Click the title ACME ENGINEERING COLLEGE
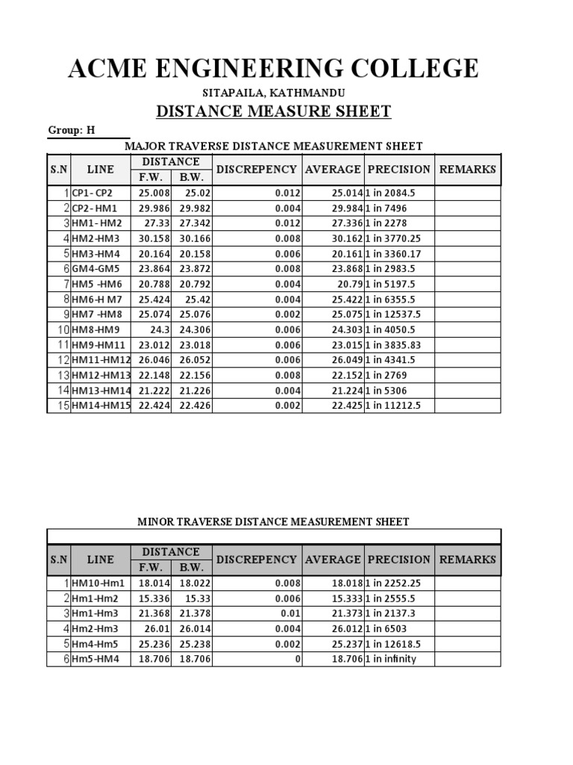pyautogui.click(x=273, y=69)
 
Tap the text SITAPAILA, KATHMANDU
pyautogui.click(x=273, y=93)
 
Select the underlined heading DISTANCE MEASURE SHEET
pyautogui.click(x=273, y=112)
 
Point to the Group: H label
pyautogui.click(x=72, y=130)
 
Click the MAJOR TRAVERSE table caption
pyautogui.click(x=273, y=146)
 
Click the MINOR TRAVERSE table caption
pyautogui.click(x=273, y=521)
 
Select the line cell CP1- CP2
pyautogui.click(x=92, y=193)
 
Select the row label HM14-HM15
pyautogui.click(x=101, y=406)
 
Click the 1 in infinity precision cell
pyautogui.click(x=391, y=659)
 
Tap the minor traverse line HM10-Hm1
pyautogui.click(x=98, y=583)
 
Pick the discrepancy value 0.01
pyautogui.click(x=291, y=613)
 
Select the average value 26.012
pyautogui.click(x=346, y=629)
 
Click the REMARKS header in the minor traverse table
pyautogui.click(x=467, y=560)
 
